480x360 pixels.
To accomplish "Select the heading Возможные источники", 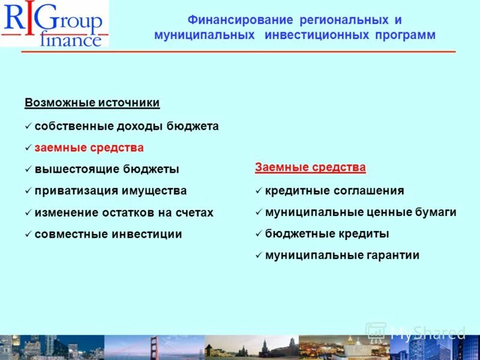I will (x=92, y=103).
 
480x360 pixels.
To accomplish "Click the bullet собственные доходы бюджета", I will (x=127, y=127).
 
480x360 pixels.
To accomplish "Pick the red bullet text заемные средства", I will (x=89, y=148).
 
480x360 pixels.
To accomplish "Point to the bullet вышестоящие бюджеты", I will (x=107, y=169).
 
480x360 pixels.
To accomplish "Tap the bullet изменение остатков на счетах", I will (x=124, y=212).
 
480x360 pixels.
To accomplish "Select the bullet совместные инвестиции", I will (x=108, y=234).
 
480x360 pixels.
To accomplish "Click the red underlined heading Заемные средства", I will (x=310, y=167).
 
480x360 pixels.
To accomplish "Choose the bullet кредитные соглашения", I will (x=334, y=191).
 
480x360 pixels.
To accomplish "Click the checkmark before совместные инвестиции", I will (x=28, y=235).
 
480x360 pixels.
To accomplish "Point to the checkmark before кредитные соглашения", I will (x=258, y=191).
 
